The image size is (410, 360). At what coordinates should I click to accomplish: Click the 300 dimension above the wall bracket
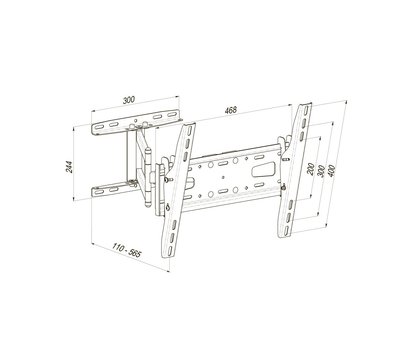pos(129,100)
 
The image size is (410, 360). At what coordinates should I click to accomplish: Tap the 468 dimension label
pos(231,110)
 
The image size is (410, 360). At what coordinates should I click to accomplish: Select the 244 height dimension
pos(69,167)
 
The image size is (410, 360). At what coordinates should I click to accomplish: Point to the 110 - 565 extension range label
pos(127,252)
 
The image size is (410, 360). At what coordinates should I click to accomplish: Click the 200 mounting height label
pos(311,169)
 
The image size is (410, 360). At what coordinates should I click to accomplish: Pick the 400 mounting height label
pos(332,171)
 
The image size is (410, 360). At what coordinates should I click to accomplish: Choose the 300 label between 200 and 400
pos(321,171)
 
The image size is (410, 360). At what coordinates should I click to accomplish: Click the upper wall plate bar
pos(137,121)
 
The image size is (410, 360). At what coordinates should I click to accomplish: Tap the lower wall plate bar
pos(113,190)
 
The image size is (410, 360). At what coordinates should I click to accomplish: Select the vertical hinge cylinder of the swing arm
pos(148,177)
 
